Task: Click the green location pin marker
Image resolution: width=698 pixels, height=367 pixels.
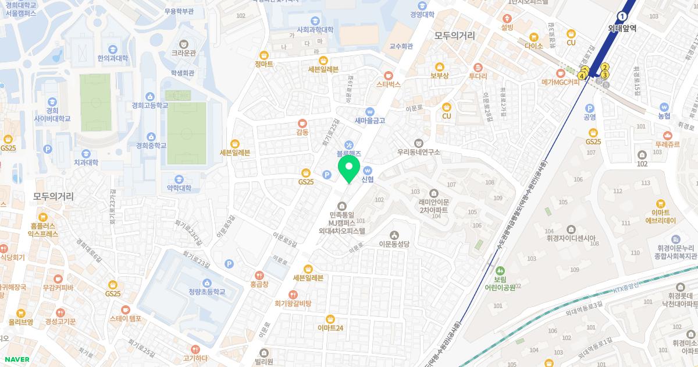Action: click(348, 168)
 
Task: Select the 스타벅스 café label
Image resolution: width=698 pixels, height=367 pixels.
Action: click(389, 84)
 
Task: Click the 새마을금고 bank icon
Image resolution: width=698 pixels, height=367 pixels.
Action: click(370, 111)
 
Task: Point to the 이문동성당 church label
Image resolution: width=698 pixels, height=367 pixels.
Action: click(394, 244)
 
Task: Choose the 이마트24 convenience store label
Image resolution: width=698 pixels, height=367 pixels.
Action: click(330, 327)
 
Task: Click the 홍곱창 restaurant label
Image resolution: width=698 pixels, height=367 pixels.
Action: click(259, 284)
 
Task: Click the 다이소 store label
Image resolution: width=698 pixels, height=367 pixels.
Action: click(533, 45)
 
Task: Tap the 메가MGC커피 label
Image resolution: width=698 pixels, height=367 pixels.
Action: click(561, 82)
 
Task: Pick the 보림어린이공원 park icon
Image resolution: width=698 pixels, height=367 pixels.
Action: click(500, 271)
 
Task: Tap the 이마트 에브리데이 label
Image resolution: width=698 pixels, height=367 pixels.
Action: click(660, 217)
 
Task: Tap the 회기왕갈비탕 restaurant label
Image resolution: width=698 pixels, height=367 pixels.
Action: click(293, 304)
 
